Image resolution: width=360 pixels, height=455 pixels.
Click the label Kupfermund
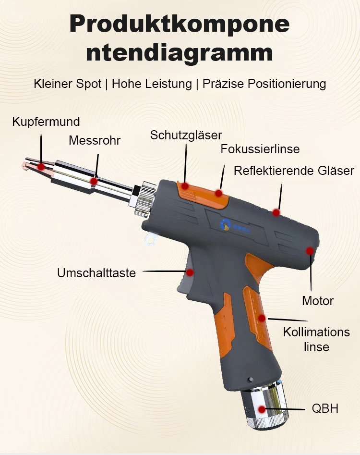click(x=46, y=122)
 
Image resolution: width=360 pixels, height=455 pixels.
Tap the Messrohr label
click(x=95, y=140)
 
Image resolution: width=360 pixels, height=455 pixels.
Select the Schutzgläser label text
click(x=186, y=135)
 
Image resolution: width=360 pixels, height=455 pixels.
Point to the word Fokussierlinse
click(x=260, y=149)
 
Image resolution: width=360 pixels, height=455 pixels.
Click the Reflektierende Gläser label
click(x=294, y=171)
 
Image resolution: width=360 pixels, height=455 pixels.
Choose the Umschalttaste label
click(x=96, y=273)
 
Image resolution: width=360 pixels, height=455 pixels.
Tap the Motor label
click(x=317, y=301)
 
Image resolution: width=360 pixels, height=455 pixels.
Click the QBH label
click(x=325, y=409)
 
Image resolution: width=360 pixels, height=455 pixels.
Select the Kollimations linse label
click(x=316, y=339)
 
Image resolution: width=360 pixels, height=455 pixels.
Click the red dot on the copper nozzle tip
click(x=41, y=167)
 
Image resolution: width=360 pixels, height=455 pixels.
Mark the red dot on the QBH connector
click(x=262, y=409)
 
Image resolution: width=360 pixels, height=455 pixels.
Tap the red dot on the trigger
click(x=190, y=272)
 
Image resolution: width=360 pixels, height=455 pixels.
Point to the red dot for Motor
click(x=310, y=251)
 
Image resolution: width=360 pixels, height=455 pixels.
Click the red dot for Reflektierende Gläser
click(x=276, y=212)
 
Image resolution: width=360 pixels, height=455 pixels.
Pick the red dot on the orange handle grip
click(x=262, y=318)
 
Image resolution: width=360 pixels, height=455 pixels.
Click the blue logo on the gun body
click(x=226, y=223)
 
